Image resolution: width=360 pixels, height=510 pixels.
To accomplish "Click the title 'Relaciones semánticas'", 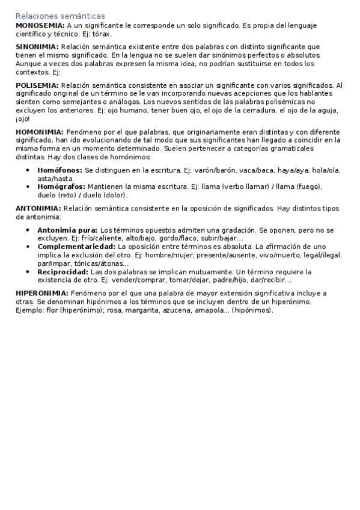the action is [60, 16].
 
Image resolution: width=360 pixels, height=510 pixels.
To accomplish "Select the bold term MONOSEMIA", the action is [40, 26].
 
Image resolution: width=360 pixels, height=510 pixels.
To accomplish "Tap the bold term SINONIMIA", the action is [37, 46].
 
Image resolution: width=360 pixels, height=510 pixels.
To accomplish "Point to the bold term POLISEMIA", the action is [37, 86].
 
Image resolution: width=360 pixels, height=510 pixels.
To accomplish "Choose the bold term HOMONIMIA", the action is [40, 132].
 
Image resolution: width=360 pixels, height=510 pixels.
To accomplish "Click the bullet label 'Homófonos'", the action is [59, 171].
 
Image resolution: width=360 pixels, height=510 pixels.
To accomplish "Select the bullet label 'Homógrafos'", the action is [61, 186].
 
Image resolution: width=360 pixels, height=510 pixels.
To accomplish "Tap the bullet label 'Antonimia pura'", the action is [67, 230].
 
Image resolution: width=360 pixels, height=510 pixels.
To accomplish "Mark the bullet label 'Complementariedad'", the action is [76, 247].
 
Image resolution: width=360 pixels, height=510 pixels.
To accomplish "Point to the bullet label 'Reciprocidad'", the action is [63, 272].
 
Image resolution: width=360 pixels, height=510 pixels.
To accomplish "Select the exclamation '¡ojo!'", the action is [22, 118].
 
